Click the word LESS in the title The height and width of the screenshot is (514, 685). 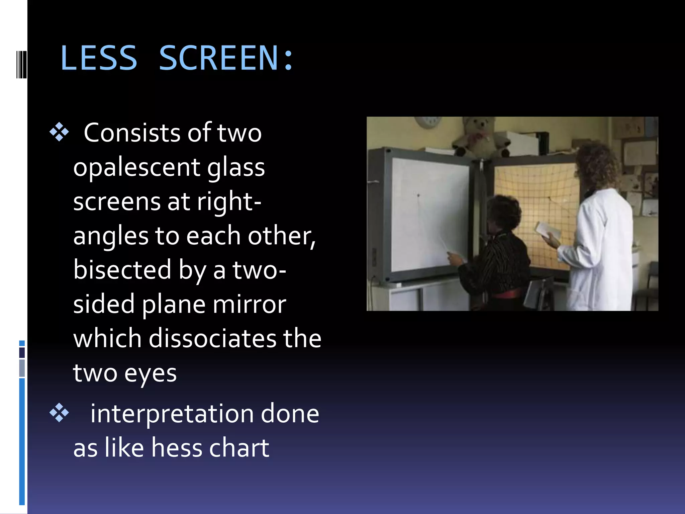click(x=99, y=58)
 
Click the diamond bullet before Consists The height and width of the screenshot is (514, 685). click(x=59, y=133)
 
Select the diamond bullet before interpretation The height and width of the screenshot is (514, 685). click(x=59, y=413)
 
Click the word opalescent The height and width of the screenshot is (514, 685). click(x=136, y=167)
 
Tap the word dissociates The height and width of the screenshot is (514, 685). click(x=213, y=338)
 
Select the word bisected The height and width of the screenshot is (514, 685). click(x=122, y=270)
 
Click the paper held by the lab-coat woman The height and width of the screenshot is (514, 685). click(x=547, y=230)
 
